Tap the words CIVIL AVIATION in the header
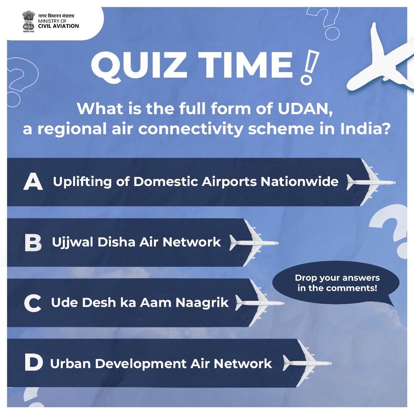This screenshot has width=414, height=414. coord(58,26)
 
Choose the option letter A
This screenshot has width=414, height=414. coord(33,182)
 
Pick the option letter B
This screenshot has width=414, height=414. coord(33,243)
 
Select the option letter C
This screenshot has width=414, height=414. coord(33,303)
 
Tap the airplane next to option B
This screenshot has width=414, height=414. coord(254,243)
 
